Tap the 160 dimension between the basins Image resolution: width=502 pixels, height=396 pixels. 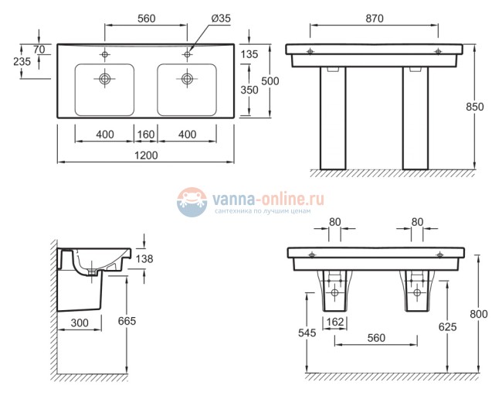click(145, 135)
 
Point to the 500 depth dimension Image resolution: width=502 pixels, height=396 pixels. click(270, 81)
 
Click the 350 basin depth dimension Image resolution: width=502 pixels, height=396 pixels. click(249, 90)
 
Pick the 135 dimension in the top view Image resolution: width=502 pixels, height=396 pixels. click(249, 55)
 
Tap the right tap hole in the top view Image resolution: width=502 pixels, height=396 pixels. click(187, 55)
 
